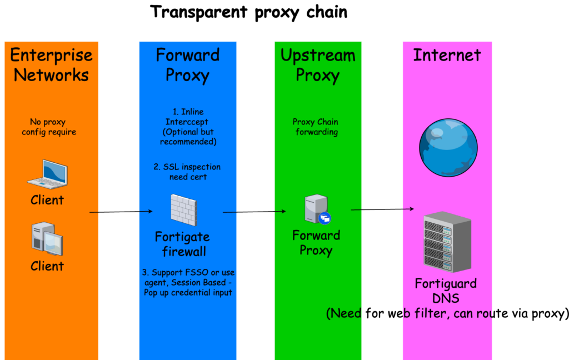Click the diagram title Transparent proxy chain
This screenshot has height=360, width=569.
coord(249,12)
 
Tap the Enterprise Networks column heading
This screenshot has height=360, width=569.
coord(51,65)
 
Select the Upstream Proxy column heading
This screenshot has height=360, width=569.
coord(318,65)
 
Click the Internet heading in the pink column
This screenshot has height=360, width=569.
coord(447,55)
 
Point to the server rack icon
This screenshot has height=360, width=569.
coord(447,242)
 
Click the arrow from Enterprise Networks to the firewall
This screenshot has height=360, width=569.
coord(121,212)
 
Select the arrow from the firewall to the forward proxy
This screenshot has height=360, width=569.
coord(254,211)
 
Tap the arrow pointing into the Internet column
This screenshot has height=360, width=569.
coord(383,209)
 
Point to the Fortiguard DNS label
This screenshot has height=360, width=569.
coord(446,291)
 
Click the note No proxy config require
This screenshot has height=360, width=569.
coord(49,127)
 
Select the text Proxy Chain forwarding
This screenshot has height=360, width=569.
coord(316,127)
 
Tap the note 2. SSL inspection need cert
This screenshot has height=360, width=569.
coord(187,172)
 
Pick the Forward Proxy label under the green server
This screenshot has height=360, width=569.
coord(316,243)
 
